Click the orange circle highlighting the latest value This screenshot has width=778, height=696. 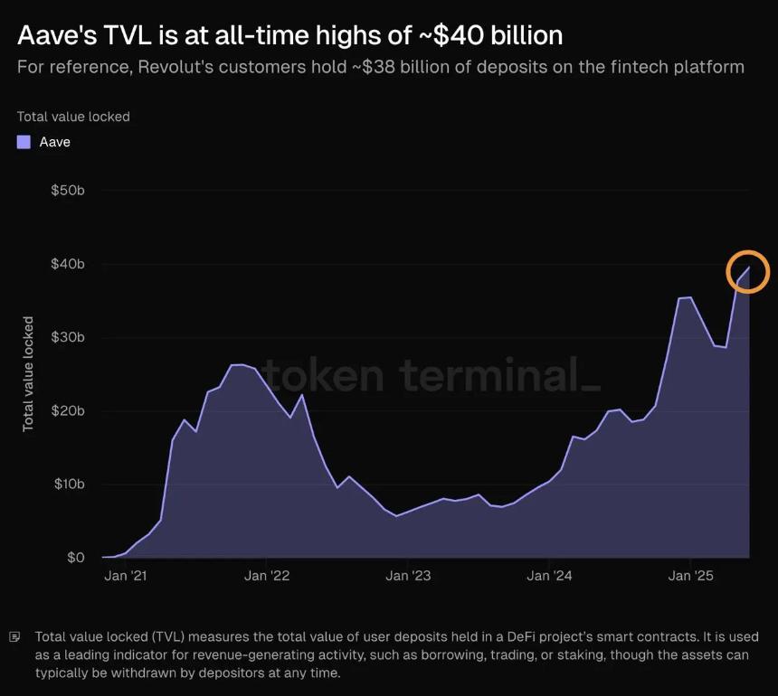click(747, 272)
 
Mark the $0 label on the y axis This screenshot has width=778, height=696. click(75, 558)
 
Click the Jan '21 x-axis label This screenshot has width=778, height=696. click(127, 576)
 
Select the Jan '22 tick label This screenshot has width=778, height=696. click(268, 576)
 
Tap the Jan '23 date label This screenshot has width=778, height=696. click(409, 576)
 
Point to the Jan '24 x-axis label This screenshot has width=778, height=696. click(549, 576)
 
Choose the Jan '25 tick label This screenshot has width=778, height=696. click(690, 576)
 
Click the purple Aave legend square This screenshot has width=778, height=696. click(24, 142)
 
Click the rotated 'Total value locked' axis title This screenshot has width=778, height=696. click(28, 373)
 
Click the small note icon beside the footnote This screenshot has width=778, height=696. click(14, 637)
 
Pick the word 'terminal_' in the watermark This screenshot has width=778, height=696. click(499, 373)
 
